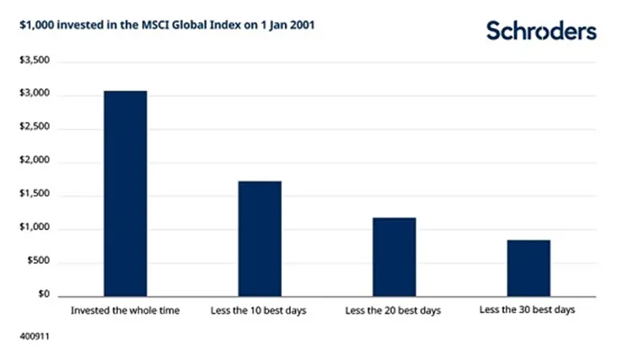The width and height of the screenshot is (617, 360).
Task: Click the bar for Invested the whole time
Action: [x=125, y=193]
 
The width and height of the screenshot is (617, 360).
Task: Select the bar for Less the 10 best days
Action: [x=259, y=239]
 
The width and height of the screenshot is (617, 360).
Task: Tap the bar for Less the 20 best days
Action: [x=394, y=256]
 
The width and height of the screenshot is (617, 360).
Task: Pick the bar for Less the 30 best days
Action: [x=528, y=268]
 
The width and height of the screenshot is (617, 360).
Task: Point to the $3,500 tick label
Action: [x=34, y=62]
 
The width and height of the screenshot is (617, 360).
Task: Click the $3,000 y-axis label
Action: [x=34, y=95]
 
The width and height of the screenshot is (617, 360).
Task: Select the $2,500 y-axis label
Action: [x=34, y=128]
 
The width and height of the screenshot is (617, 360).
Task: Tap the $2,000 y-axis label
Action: [x=34, y=162]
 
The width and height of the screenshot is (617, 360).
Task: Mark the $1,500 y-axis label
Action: [x=34, y=196]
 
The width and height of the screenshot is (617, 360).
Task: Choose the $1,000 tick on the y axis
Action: [x=34, y=228]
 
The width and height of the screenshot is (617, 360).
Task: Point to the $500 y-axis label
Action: [x=37, y=262]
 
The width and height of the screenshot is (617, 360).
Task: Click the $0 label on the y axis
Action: [x=42, y=296]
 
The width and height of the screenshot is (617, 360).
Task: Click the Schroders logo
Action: [x=540, y=31]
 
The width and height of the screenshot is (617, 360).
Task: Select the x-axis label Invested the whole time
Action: [x=126, y=311]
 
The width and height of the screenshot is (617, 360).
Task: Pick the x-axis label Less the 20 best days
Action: [x=394, y=311]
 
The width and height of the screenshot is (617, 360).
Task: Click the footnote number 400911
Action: [x=33, y=336]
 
